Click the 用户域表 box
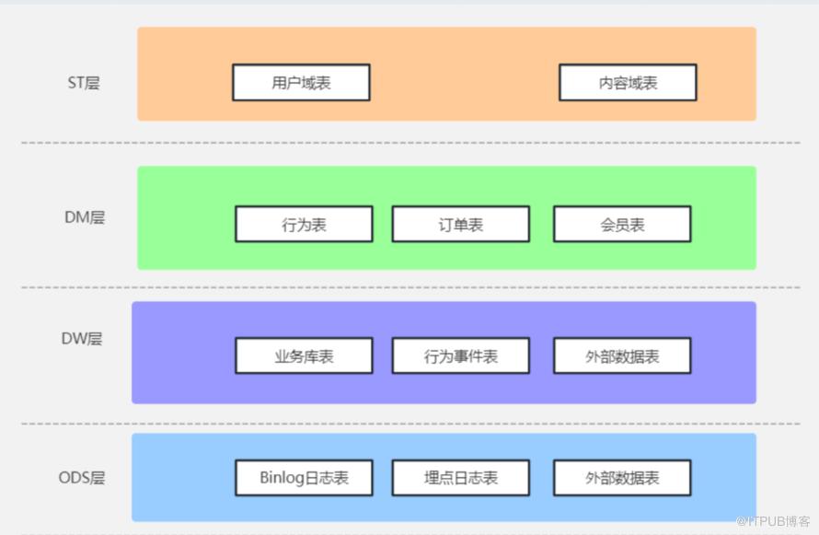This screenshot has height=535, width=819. coord(301,83)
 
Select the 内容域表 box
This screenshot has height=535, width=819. coord(628,83)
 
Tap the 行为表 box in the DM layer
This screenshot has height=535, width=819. coord(304,225)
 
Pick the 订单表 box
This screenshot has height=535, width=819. coord(460,225)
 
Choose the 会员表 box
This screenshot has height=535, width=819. coord(621,225)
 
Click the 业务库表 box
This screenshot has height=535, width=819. coord(304,356)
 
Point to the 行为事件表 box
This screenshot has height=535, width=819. coord(460,356)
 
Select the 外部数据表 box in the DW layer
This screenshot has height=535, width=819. coord(621,356)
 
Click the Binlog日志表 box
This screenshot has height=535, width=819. coord(304,478)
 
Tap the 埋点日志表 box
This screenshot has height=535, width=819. coord(460,478)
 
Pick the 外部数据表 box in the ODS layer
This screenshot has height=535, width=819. coord(621,478)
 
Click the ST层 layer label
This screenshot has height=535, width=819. coord(83,83)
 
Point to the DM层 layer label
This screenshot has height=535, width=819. coord(84,218)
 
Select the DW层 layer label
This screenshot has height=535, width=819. coord(82,339)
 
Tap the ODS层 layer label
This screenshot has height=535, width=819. coord(81,478)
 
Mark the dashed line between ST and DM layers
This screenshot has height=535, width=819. coord(409,143)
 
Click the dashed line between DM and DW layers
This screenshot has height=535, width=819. coord(409,287)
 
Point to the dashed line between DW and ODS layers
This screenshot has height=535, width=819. coord(409,424)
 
